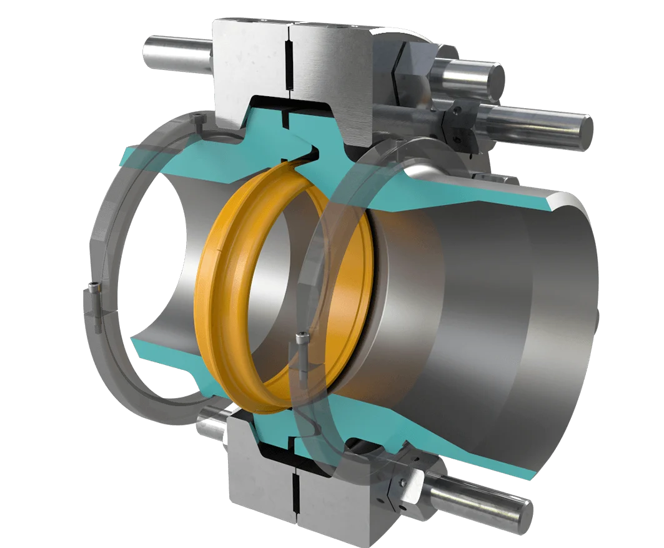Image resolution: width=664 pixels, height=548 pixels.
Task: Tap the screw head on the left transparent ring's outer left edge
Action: coord(94,288)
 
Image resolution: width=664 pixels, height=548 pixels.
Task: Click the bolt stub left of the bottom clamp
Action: coord(210,426)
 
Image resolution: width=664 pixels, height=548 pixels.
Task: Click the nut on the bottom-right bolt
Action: coord(400,481)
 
